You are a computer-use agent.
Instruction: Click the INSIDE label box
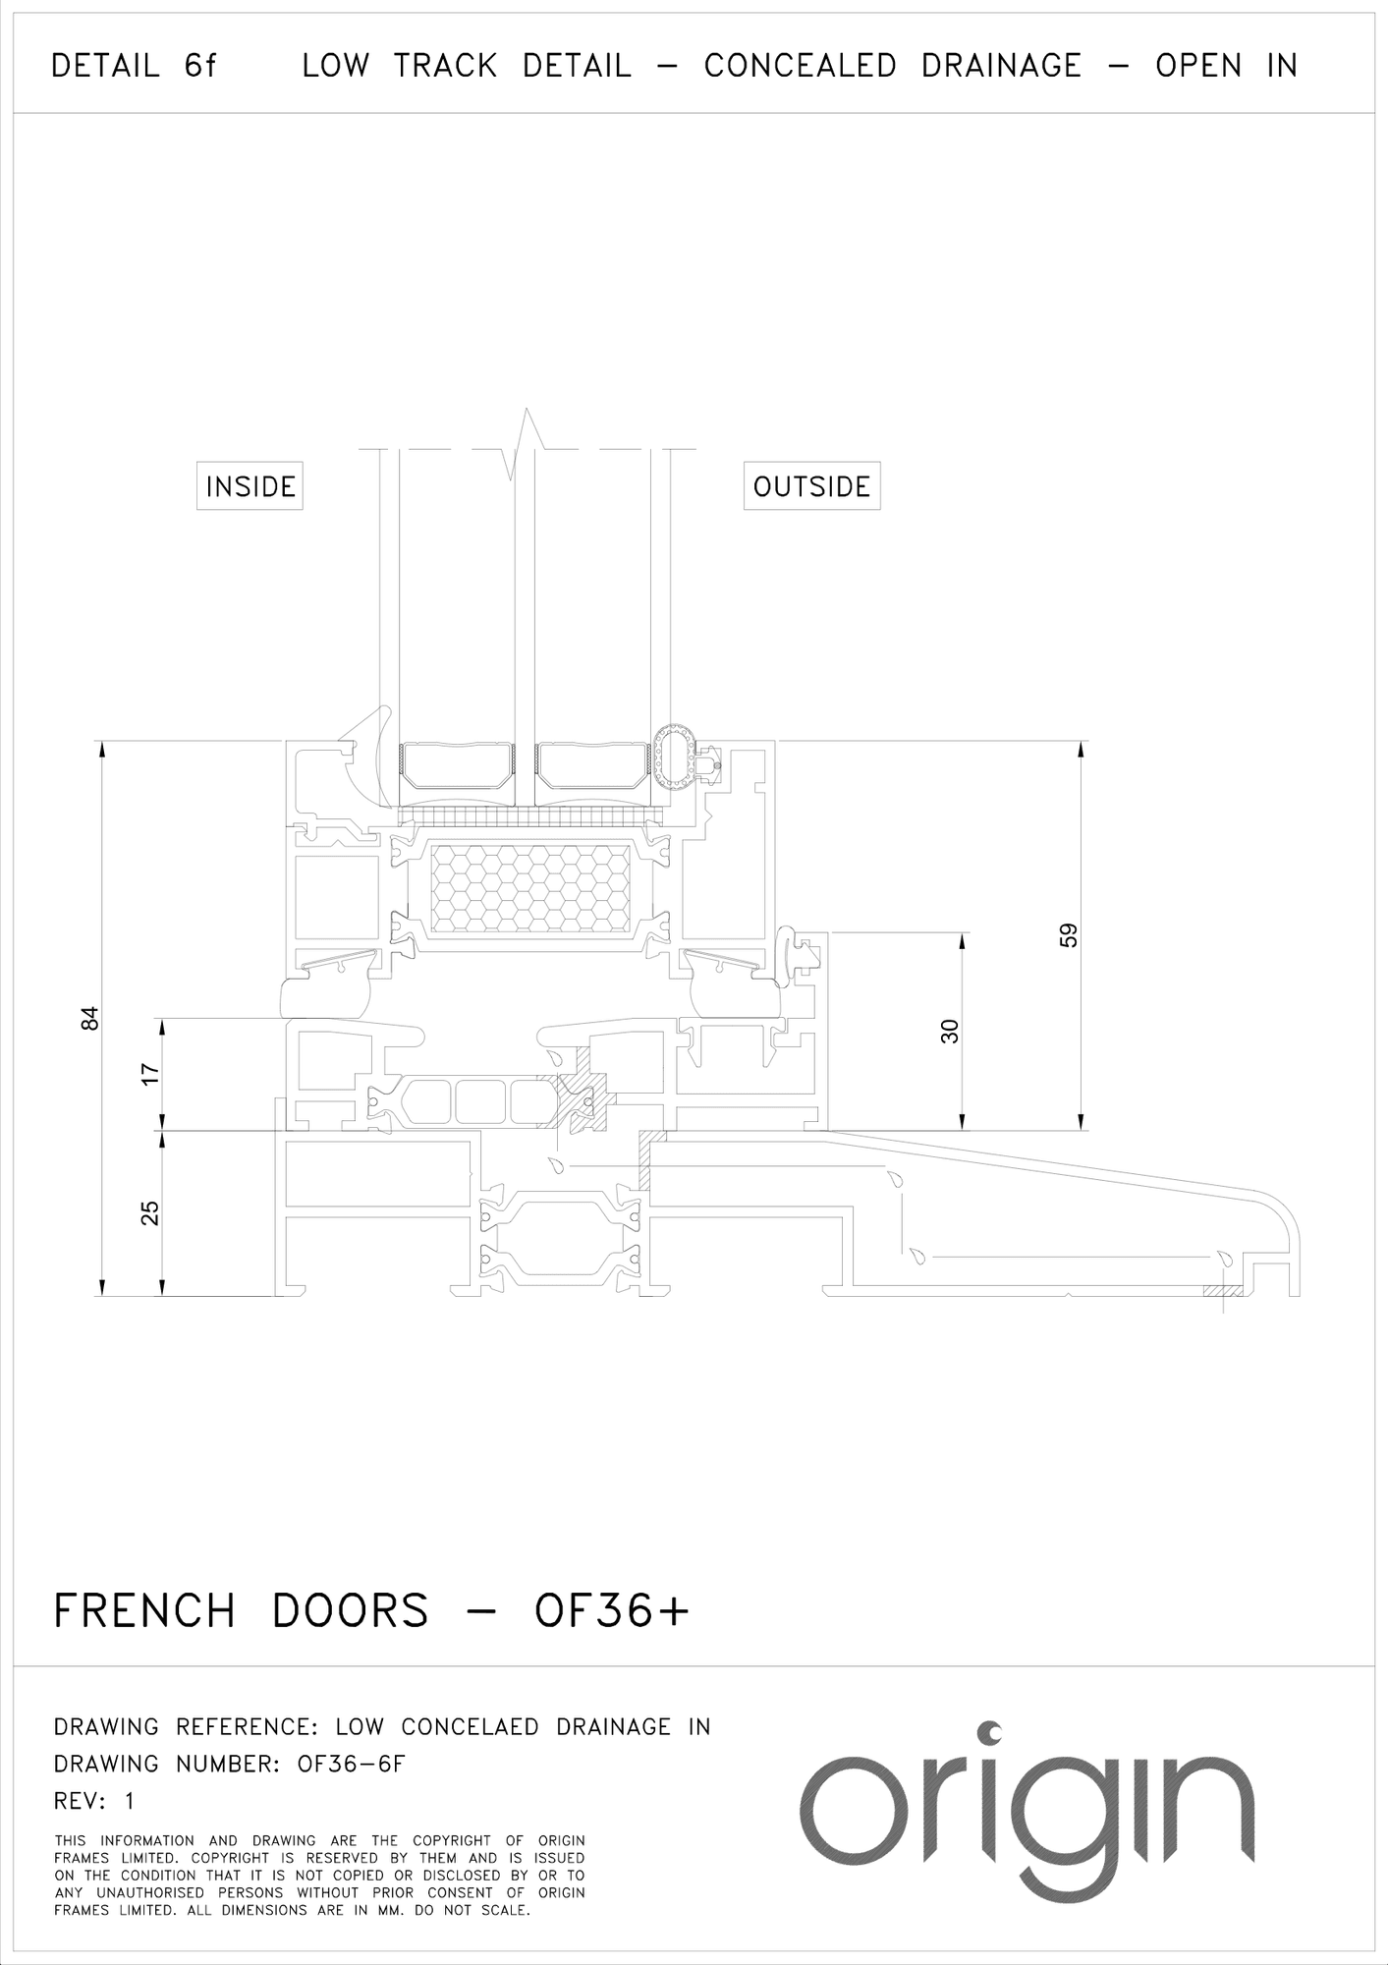coord(250,485)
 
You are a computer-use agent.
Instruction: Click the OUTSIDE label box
coord(811,485)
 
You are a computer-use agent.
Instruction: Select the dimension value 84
coord(90,1018)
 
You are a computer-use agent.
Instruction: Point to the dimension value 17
coord(149,1074)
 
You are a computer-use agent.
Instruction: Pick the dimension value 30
coord(949,1031)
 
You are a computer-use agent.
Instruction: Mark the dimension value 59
coord(1069,934)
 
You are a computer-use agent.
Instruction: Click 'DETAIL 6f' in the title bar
coord(134,66)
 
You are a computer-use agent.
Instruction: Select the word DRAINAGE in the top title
coord(1001,66)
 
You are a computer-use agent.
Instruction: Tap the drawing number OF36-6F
coord(351,1764)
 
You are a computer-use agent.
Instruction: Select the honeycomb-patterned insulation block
coord(531,889)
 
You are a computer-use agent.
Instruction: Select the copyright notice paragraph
coord(319,1876)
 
